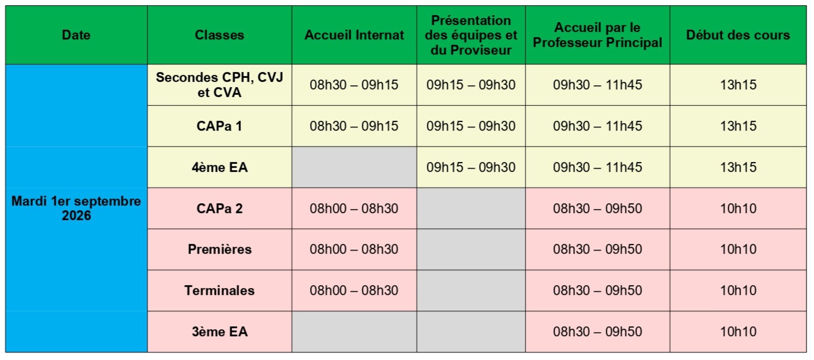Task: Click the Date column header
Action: pyautogui.click(x=76, y=35)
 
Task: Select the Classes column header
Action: pyautogui.click(x=219, y=35)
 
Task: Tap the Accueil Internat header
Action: pyautogui.click(x=354, y=35)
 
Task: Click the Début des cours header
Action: pyautogui.click(x=738, y=35)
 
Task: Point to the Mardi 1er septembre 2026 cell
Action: pyautogui.click(x=76, y=208)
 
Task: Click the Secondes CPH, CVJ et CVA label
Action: pyautogui.click(x=219, y=85)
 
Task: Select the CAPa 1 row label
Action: pyautogui.click(x=219, y=126)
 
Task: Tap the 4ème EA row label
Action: pyautogui.click(x=219, y=167)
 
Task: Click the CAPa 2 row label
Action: pyautogui.click(x=219, y=208)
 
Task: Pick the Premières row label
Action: pyautogui.click(x=219, y=249)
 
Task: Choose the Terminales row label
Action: pyautogui.click(x=219, y=290)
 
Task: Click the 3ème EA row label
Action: pyautogui.click(x=219, y=332)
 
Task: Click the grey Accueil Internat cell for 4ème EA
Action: pyautogui.click(x=354, y=167)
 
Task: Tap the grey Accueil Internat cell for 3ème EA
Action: pyautogui.click(x=354, y=332)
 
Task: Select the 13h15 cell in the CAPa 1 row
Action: pyautogui.click(x=738, y=126)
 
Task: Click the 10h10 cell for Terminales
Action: pyautogui.click(x=738, y=290)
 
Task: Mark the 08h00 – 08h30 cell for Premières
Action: pyautogui.click(x=354, y=249)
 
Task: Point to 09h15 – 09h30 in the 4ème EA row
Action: pyautogui.click(x=471, y=167)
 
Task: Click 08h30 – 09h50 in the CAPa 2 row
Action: pyautogui.click(x=597, y=208)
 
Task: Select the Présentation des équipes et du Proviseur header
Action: pyautogui.click(x=471, y=35)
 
